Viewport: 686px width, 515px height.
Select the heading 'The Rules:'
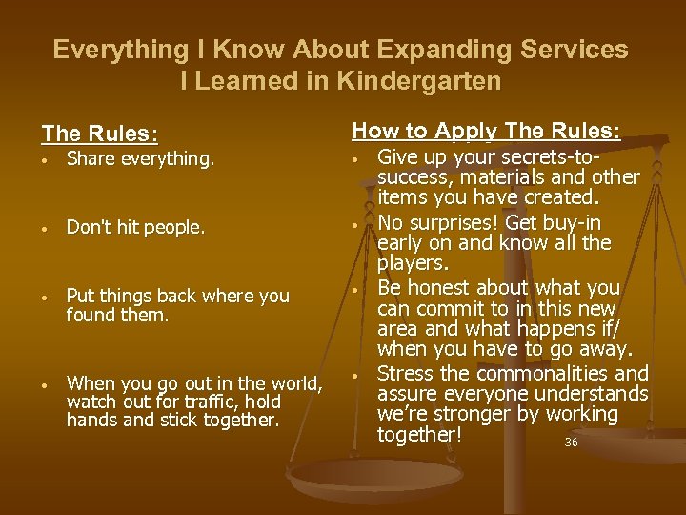click(99, 134)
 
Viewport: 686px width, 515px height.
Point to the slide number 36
click(571, 443)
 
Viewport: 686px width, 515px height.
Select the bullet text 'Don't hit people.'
click(135, 228)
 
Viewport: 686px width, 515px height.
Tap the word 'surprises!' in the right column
click(450, 222)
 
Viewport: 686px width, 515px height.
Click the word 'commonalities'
click(549, 373)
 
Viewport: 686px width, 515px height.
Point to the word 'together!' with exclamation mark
click(419, 435)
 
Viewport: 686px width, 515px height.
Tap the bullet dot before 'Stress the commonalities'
click(354, 375)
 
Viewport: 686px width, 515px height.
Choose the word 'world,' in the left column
click(294, 383)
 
